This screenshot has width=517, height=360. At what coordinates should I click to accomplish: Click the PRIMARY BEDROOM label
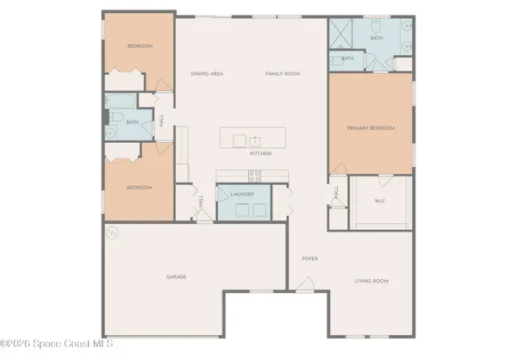coord(371,128)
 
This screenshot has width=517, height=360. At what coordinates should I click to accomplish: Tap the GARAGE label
coord(177,276)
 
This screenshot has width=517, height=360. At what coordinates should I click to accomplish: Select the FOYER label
coord(310,258)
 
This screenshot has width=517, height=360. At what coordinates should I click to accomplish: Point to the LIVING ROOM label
coord(373,281)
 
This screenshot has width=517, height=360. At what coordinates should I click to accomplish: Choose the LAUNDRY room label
coord(242,195)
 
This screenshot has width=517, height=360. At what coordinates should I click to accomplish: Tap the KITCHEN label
coord(261,153)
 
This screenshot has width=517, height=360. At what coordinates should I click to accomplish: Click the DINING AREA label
coord(207,74)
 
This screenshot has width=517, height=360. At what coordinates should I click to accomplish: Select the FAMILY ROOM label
coord(282,74)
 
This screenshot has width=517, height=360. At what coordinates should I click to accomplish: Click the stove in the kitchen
coord(255,176)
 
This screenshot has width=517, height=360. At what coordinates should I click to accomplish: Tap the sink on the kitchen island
coord(255,140)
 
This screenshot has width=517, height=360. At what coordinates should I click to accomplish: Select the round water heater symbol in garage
coord(111,232)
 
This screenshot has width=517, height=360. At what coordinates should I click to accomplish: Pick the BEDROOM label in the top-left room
coord(140,47)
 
